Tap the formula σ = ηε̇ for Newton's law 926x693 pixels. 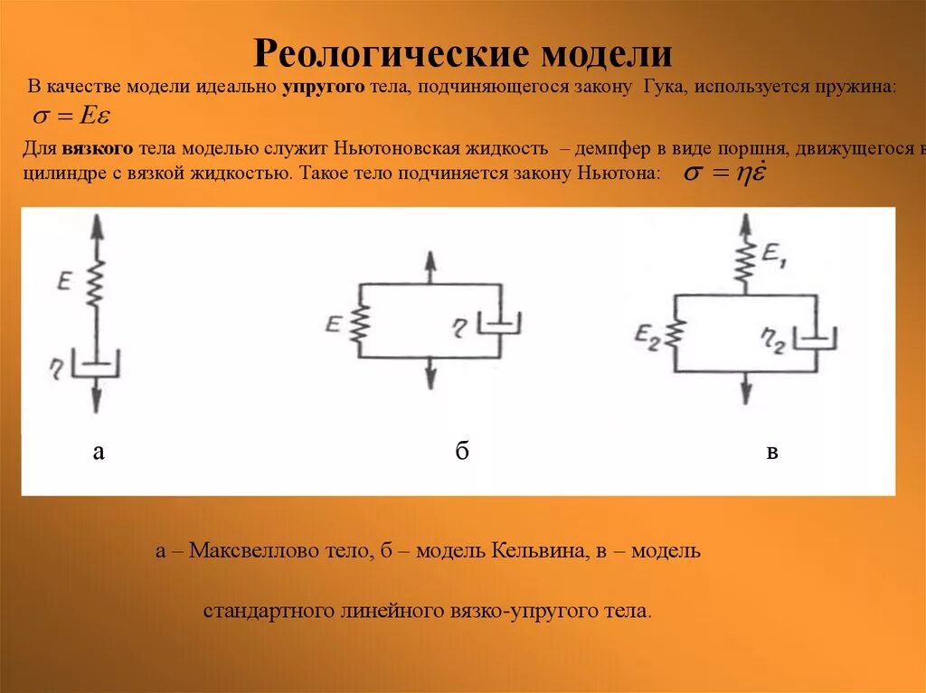click(724, 173)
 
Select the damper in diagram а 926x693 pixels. click(96, 363)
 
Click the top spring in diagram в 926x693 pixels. click(746, 262)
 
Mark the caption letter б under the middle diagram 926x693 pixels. click(461, 452)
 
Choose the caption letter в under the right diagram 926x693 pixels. click(772, 453)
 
